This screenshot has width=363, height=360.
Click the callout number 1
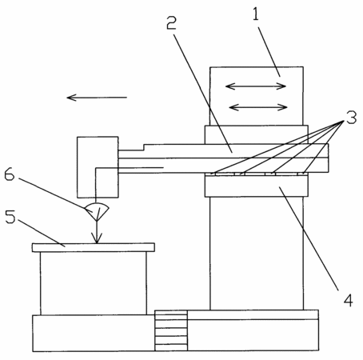coord(256,14)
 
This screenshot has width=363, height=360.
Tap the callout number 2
coord(171,23)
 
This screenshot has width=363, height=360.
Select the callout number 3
coord(351,118)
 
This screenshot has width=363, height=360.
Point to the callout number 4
coord(348,300)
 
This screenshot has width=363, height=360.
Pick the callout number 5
coord(10,217)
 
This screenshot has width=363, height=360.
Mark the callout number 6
coord(10,174)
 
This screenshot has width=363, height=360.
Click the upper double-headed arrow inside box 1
coord(256,86)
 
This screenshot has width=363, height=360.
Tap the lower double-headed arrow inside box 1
coord(258,107)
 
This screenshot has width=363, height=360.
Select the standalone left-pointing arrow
coord(97,98)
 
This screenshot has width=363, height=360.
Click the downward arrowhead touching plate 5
coord(97,238)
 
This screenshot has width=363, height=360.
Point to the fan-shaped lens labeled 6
coord(97,211)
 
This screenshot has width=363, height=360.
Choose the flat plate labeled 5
coord(94,247)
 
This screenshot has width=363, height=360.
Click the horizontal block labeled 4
coord(257,186)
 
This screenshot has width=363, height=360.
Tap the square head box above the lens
coord(98,167)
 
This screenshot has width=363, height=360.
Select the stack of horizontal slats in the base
coord(171,330)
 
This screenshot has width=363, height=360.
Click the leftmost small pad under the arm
coord(213,174)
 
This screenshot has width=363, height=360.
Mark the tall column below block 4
coord(257,254)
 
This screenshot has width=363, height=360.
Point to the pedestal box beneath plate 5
coord(94,283)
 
